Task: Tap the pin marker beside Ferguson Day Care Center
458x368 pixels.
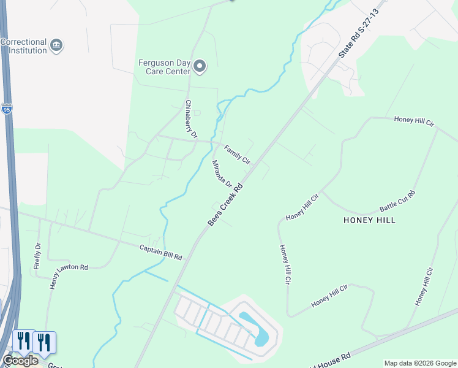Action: [x=199, y=66]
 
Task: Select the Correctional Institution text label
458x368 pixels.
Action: [x=24, y=46]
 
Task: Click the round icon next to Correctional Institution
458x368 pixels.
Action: [x=56, y=45]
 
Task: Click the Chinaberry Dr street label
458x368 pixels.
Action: [x=191, y=118]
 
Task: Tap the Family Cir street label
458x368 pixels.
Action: [x=237, y=154]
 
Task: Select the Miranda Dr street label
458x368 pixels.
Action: [x=222, y=174]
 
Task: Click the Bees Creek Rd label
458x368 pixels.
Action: [x=226, y=203]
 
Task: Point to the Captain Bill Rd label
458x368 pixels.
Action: [x=160, y=252]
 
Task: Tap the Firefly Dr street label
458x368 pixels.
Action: [x=37, y=256]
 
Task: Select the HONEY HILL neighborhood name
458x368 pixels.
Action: [x=369, y=220]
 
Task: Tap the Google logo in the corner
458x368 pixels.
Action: [x=20, y=361]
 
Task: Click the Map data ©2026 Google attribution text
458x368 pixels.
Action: [x=420, y=363]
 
